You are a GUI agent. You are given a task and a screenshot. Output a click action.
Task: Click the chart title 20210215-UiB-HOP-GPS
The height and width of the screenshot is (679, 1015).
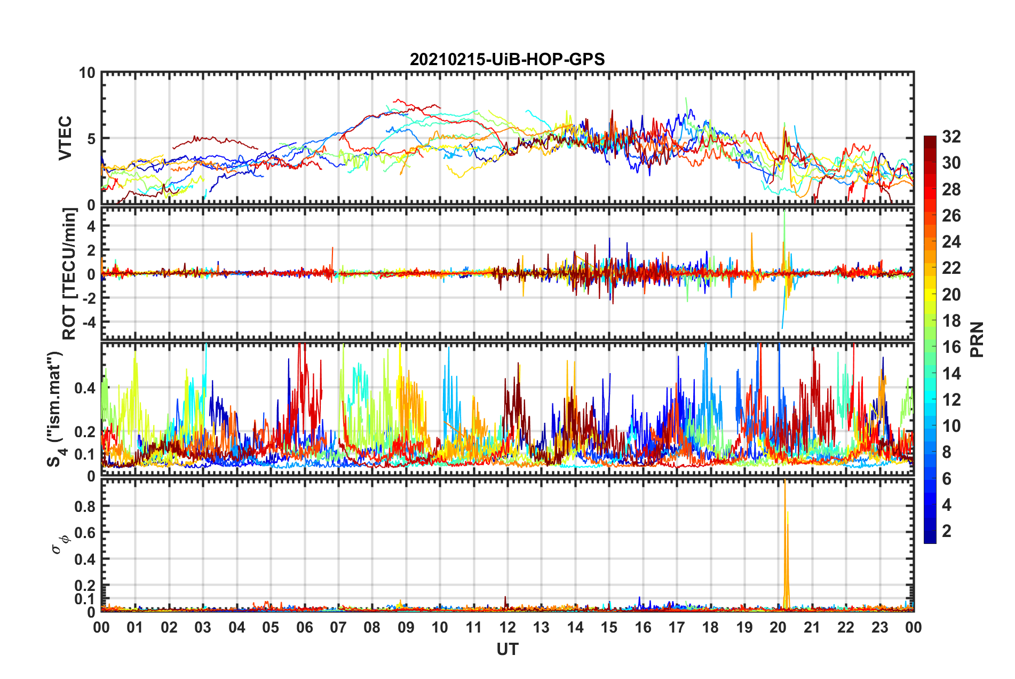[x=507, y=59]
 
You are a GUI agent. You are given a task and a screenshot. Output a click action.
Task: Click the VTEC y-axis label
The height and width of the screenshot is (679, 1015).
[x=65, y=138]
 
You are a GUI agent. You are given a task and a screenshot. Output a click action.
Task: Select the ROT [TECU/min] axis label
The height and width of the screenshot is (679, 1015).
[x=69, y=274]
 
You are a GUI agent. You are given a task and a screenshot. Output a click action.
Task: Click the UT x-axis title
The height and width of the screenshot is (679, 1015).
[x=507, y=649]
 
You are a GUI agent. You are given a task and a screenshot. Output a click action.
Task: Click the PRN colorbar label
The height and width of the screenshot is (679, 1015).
[x=977, y=339]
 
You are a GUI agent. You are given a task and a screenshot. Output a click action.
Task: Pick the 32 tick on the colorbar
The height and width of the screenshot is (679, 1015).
[x=951, y=137]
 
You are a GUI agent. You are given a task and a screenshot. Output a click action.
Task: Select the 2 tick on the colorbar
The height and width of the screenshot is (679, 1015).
[x=947, y=531]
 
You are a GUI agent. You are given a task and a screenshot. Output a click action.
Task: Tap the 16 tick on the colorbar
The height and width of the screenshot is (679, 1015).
[x=951, y=347]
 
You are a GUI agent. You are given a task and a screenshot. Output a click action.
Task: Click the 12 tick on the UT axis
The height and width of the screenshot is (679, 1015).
[x=507, y=627]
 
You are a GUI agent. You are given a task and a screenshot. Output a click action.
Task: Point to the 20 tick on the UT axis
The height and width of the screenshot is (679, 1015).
[x=778, y=627]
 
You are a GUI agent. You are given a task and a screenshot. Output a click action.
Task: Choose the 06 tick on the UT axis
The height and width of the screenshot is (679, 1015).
[x=305, y=627]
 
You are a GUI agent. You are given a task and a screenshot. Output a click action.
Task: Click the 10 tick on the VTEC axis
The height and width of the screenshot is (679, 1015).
[x=86, y=73]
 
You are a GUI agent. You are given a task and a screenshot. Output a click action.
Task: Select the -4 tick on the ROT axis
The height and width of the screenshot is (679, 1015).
[x=89, y=322]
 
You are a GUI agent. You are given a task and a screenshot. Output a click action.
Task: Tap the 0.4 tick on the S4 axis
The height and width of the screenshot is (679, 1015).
[x=85, y=388]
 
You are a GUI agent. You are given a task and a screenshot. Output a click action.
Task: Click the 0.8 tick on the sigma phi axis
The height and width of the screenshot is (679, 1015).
[x=85, y=506]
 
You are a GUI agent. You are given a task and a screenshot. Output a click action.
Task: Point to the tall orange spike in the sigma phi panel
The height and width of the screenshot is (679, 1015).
[x=785, y=539]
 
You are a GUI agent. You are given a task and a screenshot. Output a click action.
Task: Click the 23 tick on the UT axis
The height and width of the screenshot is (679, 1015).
[x=879, y=627]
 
